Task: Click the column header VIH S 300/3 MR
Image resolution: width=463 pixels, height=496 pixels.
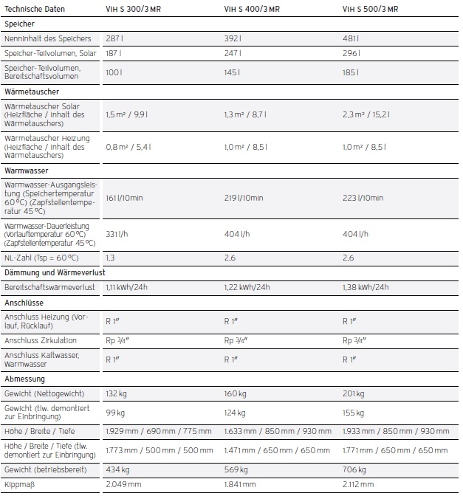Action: pos(134,10)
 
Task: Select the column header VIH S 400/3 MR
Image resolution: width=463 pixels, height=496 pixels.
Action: pos(253,10)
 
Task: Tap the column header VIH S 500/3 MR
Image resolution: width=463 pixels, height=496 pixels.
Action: pos(371,10)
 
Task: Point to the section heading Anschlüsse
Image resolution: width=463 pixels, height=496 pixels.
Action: pos(24,303)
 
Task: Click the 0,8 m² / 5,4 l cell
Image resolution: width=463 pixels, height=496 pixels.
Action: pos(127,147)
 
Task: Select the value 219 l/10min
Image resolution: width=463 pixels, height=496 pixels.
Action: pos(244,198)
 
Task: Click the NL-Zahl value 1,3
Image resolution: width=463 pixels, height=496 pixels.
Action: pos(110,258)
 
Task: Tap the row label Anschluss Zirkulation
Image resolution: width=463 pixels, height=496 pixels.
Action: pos(40,341)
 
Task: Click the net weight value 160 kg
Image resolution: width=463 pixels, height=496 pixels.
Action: pos(236,393)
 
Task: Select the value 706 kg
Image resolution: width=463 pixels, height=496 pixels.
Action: pos(354,469)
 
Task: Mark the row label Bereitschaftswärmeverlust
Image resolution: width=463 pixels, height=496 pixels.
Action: pos(49,287)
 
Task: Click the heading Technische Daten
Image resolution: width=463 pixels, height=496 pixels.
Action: pos(35,10)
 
